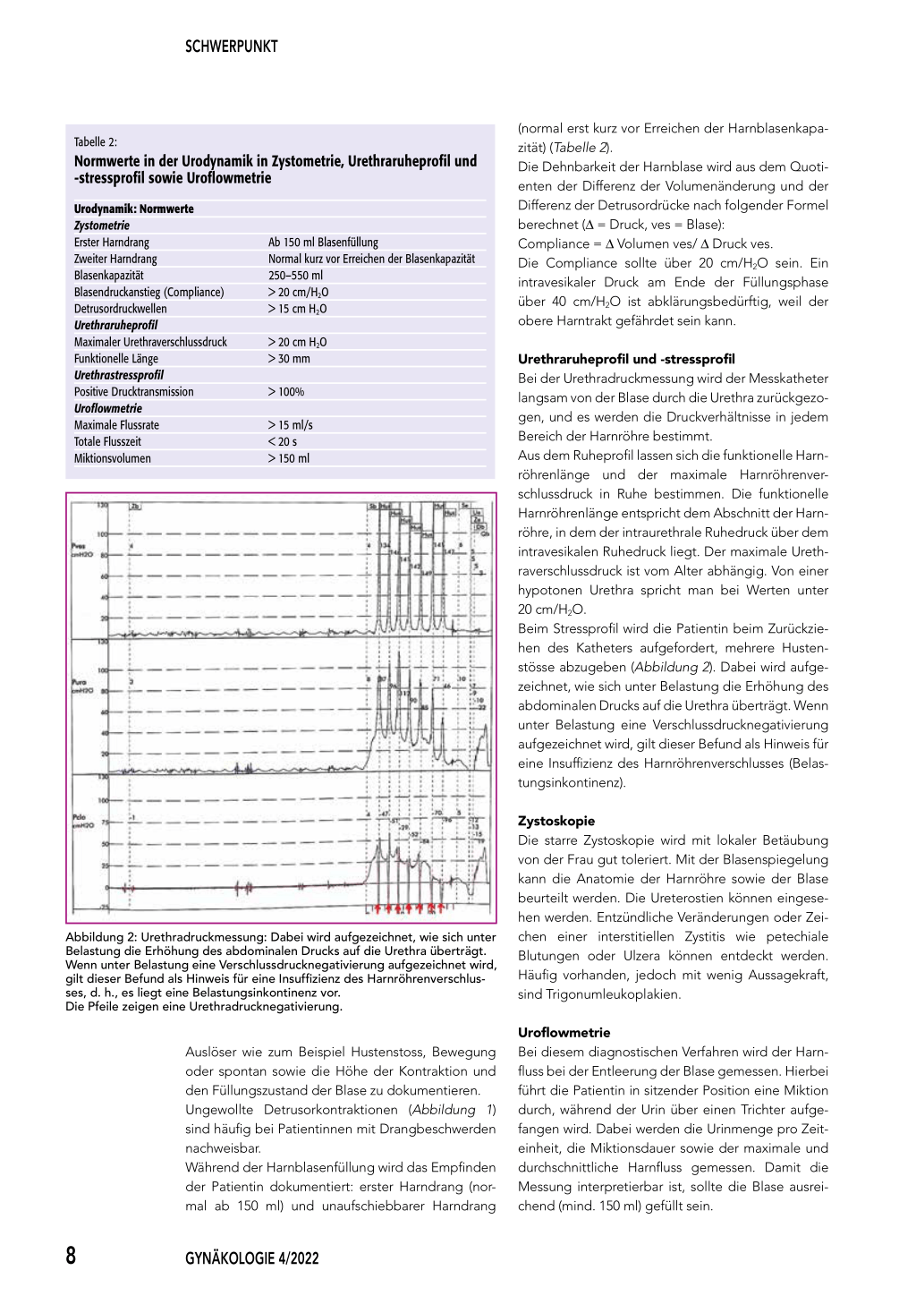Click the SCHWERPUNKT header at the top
231,47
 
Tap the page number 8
72,1255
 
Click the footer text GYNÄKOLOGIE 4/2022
251,1258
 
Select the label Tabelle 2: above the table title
96,141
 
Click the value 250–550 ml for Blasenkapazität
295,276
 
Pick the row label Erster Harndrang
112,243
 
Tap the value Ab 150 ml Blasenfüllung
323,243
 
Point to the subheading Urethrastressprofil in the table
119,375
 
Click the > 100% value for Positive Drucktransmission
286,392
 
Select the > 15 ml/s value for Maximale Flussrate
291,425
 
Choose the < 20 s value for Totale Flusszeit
283,442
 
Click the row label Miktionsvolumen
113,458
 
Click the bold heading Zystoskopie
556,821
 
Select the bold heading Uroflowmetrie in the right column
564,1032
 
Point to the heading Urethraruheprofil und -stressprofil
626,359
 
